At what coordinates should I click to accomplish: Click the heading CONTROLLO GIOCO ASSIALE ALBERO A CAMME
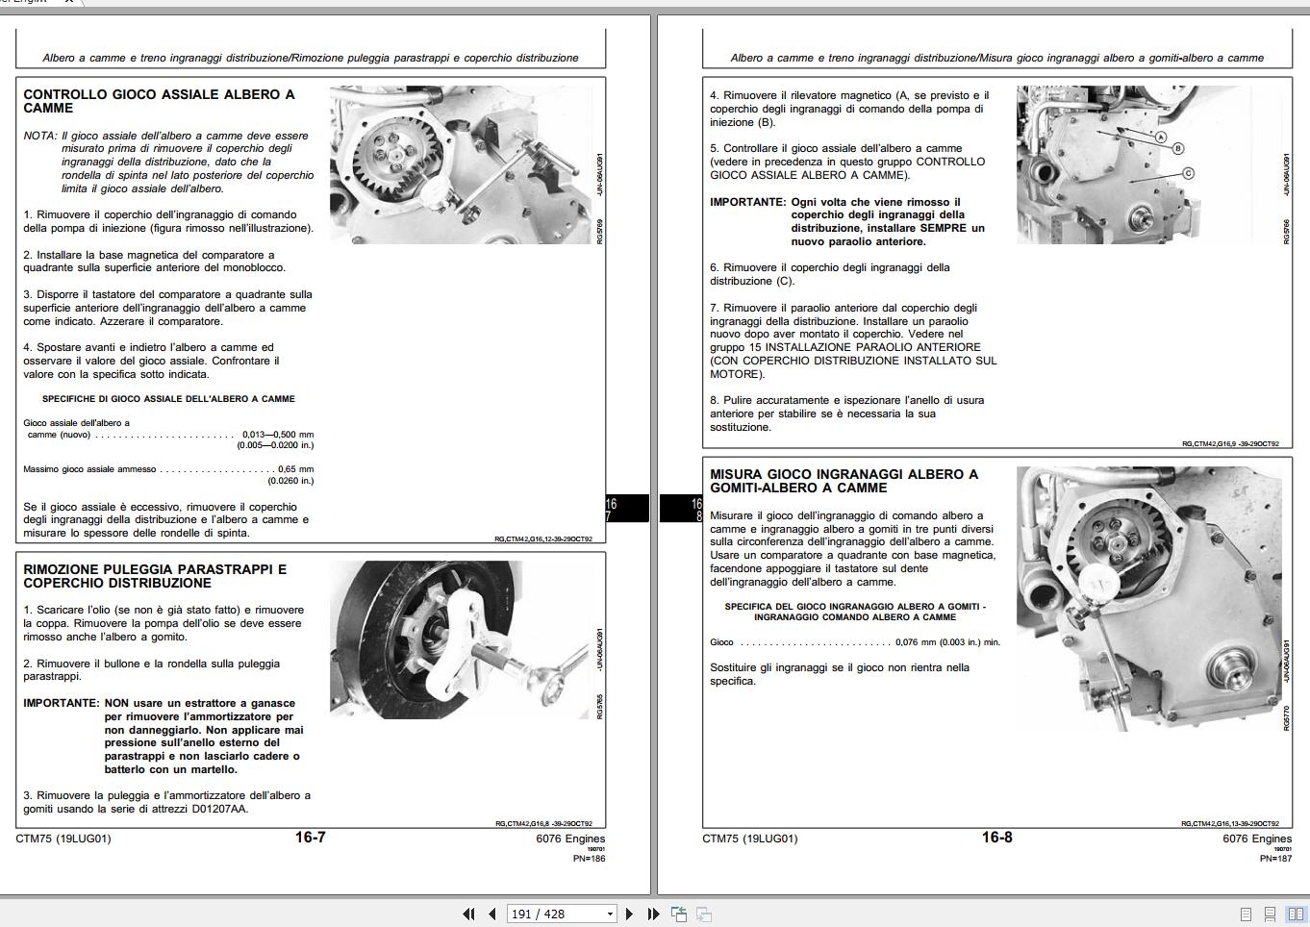click(x=159, y=101)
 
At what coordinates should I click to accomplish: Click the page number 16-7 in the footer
click(x=310, y=838)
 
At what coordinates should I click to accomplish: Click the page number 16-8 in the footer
click(x=996, y=838)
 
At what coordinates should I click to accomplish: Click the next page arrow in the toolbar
click(x=630, y=914)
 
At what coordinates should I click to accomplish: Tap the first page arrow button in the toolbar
click(x=468, y=914)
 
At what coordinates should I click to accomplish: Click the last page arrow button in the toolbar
click(x=653, y=914)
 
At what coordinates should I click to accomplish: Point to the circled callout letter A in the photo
click(x=1161, y=138)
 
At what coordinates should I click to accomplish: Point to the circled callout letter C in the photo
click(x=1188, y=173)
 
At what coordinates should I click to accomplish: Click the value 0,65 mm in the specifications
click(x=295, y=469)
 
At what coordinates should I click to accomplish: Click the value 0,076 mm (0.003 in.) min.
click(x=947, y=642)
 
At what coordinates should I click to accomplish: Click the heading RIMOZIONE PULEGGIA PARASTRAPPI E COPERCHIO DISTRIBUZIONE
click(x=155, y=576)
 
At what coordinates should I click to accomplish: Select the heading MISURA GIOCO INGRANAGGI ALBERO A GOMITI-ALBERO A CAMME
click(x=844, y=481)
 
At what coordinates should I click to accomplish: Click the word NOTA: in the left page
click(x=40, y=136)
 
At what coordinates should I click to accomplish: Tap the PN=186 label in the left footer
click(x=589, y=858)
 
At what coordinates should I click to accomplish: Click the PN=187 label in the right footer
click(x=1275, y=858)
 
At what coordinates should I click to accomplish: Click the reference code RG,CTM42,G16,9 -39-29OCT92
click(x=1230, y=444)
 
